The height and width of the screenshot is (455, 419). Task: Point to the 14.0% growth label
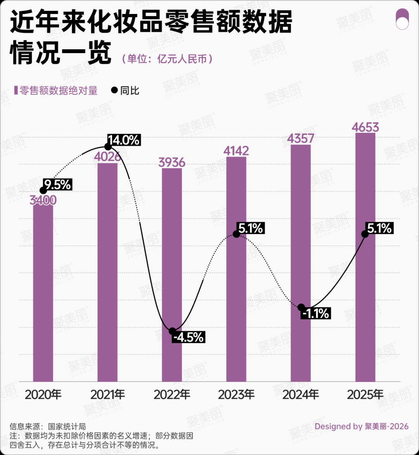pyautogui.click(x=124, y=140)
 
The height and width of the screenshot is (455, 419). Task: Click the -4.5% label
pyautogui.click(x=189, y=337)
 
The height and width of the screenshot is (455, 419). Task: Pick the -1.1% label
pyautogui.click(x=315, y=313)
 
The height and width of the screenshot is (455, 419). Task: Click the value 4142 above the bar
pyautogui.click(x=236, y=151)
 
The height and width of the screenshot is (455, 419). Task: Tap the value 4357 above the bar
pyautogui.click(x=301, y=139)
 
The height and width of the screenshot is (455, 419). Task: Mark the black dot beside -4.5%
pyautogui.click(x=172, y=331)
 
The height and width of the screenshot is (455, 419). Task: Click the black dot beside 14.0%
pyautogui.click(x=108, y=146)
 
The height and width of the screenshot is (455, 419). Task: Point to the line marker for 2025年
pyautogui.click(x=365, y=234)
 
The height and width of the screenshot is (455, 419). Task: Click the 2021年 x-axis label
pyautogui.click(x=107, y=395)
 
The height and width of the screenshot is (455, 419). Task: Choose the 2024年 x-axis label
pyautogui.click(x=301, y=395)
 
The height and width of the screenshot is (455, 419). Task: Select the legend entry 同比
pyautogui.click(x=125, y=90)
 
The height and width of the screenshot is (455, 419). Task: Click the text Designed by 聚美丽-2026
pyautogui.click(x=361, y=426)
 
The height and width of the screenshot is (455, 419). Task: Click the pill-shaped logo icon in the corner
pyautogui.click(x=402, y=19)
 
